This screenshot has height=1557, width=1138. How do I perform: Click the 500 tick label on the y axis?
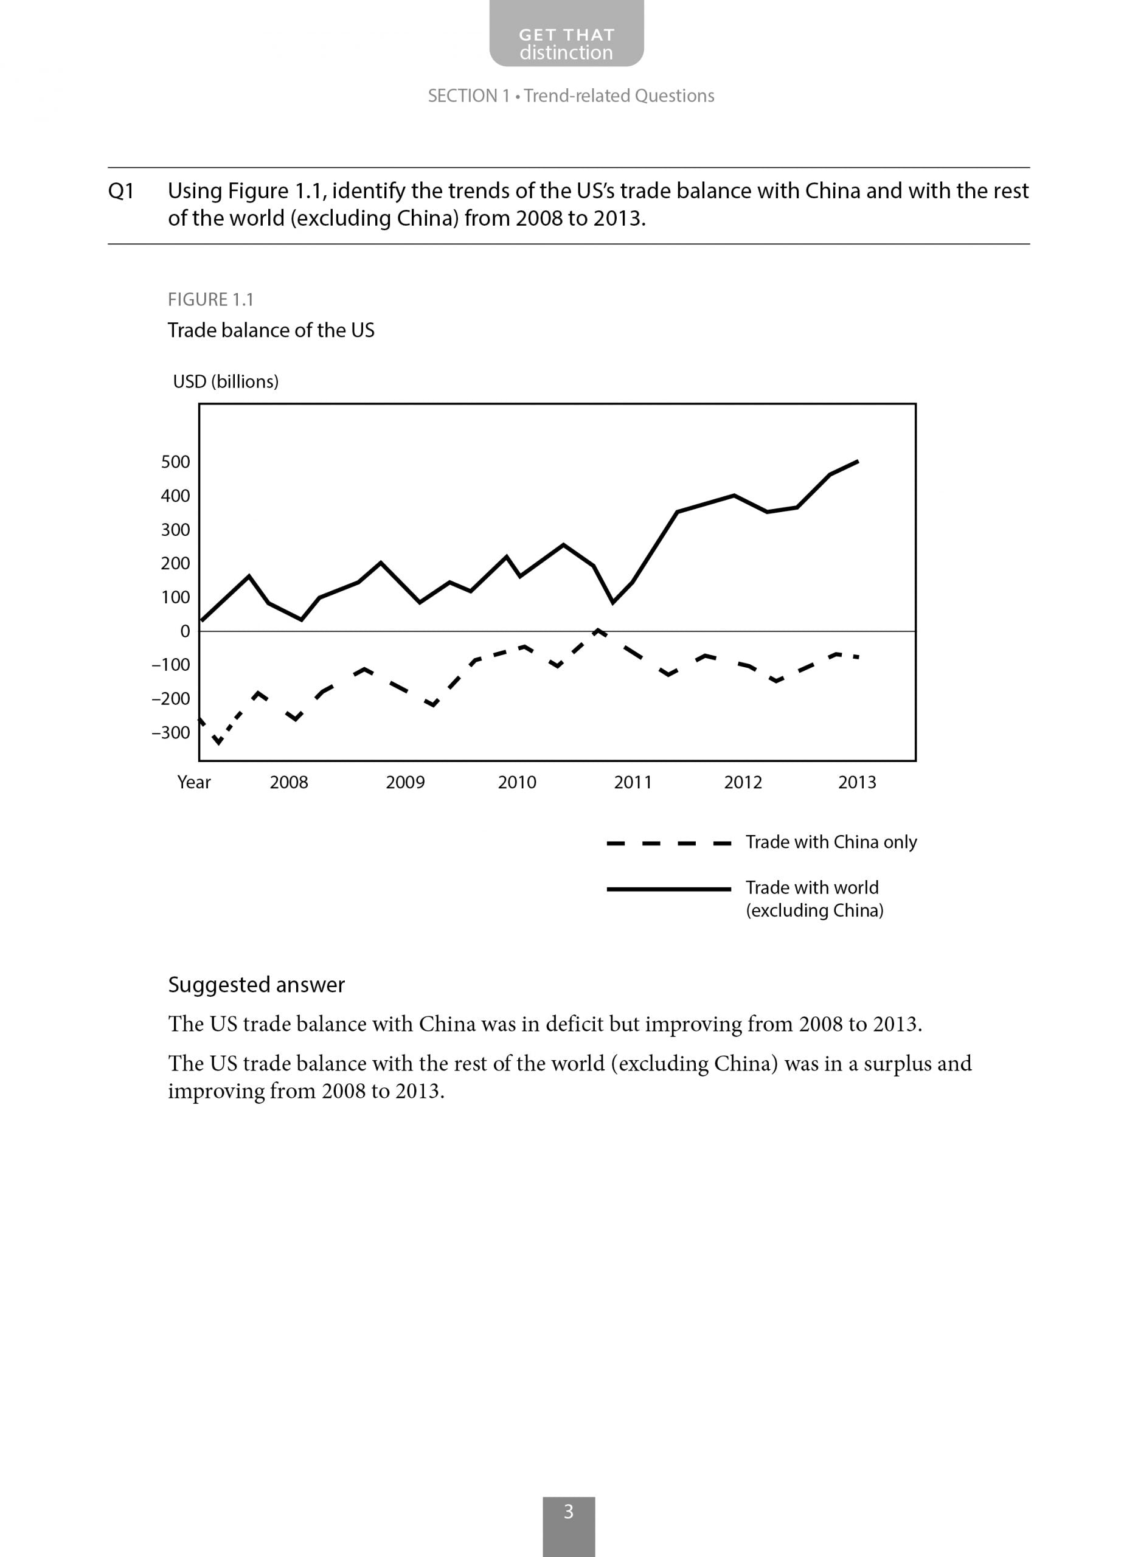click(175, 462)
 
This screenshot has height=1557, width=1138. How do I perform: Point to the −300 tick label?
click(171, 733)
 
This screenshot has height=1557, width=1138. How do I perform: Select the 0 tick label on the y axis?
click(185, 631)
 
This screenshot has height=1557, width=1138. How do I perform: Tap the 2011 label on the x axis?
click(633, 782)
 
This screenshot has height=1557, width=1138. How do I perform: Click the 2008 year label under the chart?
click(289, 782)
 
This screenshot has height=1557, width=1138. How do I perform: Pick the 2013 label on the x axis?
click(857, 782)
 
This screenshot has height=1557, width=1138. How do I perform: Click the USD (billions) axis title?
click(226, 381)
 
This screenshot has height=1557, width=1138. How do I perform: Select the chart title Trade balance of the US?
click(271, 330)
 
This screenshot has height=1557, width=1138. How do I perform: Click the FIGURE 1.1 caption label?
click(211, 300)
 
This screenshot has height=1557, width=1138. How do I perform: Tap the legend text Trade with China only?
click(831, 842)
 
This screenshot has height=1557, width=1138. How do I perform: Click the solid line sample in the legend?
click(668, 889)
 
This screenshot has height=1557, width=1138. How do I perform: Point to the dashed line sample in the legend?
click(668, 843)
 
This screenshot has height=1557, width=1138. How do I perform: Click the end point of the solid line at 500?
click(857, 462)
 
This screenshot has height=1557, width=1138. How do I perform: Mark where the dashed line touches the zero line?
click(597, 630)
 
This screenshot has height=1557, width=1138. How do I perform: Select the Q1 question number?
click(120, 191)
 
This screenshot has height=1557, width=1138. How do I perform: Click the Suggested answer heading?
click(256, 985)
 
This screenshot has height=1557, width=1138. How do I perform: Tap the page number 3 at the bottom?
click(568, 1511)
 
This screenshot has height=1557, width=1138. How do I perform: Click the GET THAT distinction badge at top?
click(566, 43)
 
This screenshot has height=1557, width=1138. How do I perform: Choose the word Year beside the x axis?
click(193, 782)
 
